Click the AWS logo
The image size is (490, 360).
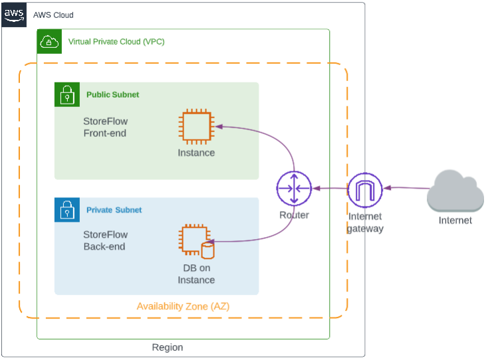14,15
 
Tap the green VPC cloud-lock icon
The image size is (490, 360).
49,42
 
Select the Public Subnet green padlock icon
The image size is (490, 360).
67,94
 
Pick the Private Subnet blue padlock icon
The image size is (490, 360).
67,210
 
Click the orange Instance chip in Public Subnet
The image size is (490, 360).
197,127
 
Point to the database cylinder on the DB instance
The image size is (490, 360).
207,250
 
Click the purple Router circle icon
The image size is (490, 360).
294,188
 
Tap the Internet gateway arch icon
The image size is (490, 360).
365,190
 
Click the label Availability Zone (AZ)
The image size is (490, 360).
183,306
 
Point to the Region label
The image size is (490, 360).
168,347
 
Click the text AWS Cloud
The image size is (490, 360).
53,15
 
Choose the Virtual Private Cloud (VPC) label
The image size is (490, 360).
116,42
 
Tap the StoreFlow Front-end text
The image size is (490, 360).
106,127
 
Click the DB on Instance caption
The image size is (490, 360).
196,274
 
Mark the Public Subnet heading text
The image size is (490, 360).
113,94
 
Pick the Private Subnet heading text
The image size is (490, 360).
114,210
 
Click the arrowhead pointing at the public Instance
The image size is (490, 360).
219,126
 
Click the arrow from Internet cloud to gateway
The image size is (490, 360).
407,188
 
